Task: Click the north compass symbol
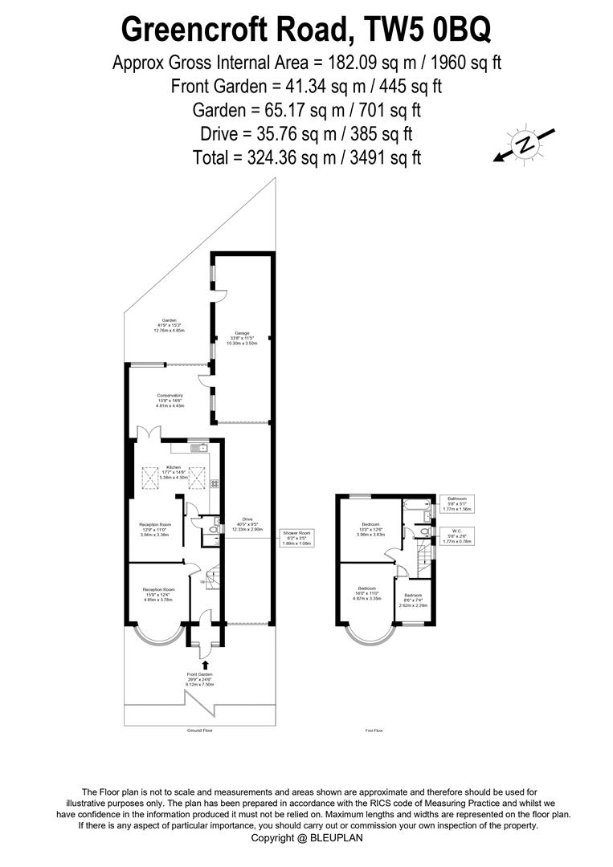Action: coord(525,144)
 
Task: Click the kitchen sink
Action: coord(198,448)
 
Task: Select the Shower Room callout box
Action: coord(295,538)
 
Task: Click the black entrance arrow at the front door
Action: coord(207,663)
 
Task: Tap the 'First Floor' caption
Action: coord(374,731)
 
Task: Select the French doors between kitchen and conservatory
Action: coord(149,433)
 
